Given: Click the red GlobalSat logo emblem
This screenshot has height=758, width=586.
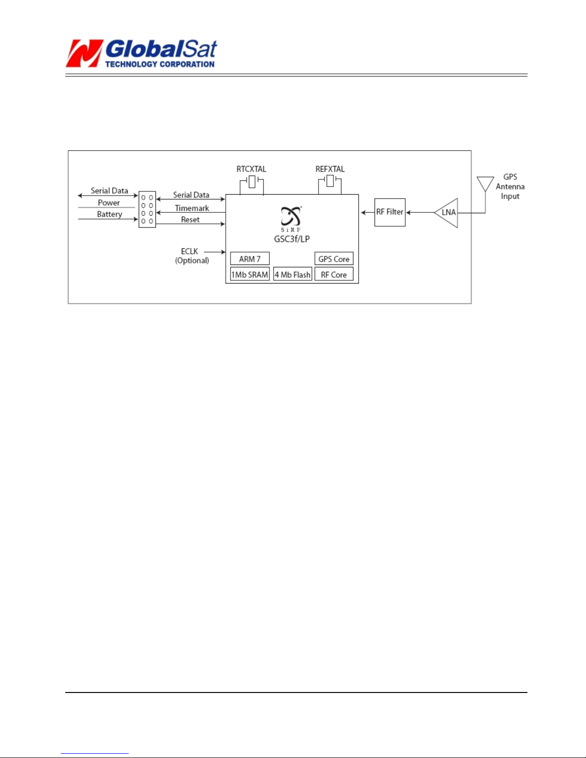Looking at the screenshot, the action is (85, 53).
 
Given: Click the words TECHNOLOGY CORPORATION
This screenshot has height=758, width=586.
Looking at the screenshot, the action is (160, 64).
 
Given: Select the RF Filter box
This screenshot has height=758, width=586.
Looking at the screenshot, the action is (389, 212).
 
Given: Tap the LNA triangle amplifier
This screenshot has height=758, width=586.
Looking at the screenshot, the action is (446, 213).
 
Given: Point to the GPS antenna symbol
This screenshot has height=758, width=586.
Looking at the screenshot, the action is (485, 184).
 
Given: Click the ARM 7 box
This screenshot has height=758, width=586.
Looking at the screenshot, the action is (250, 259).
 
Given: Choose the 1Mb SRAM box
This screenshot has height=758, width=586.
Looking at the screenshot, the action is (250, 275).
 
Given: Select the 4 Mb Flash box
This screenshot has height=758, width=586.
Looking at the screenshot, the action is (292, 275).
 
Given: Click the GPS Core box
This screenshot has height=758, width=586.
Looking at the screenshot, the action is (334, 259).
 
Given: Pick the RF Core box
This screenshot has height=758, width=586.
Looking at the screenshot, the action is (334, 275).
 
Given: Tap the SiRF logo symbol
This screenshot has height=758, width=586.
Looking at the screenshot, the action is (291, 219).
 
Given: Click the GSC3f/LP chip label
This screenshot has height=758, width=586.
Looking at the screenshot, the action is (292, 239).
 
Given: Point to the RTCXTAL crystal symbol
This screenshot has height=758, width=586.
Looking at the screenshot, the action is (252, 182).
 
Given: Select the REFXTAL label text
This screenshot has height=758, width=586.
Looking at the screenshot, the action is (330, 169).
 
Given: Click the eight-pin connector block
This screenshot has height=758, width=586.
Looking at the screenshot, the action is (147, 209).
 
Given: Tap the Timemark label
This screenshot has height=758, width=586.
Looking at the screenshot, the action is (192, 208).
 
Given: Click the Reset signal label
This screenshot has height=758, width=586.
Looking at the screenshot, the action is (190, 220).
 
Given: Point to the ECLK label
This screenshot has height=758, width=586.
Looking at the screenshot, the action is (189, 252).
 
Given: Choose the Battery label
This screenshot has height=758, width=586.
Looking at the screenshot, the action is (110, 214).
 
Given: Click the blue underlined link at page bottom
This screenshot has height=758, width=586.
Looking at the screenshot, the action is (95, 754).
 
